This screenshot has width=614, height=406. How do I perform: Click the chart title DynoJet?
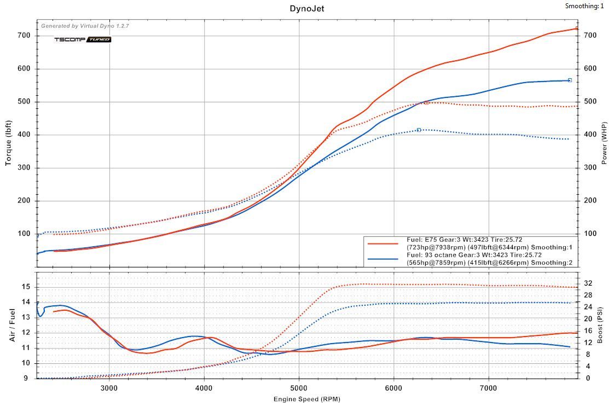click(x=307, y=8)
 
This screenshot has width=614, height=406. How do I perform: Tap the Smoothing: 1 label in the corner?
click(x=585, y=6)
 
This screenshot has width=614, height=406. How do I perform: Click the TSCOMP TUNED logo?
click(x=82, y=39)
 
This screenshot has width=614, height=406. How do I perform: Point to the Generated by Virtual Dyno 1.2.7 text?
click(x=85, y=26)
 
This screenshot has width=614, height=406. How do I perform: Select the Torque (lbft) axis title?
click(x=9, y=144)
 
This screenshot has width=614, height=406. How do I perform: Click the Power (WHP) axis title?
click(x=604, y=144)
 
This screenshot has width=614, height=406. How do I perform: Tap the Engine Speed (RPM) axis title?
click(x=307, y=398)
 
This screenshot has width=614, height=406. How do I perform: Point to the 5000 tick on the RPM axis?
click(x=299, y=388)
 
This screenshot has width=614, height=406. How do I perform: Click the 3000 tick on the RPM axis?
click(x=109, y=388)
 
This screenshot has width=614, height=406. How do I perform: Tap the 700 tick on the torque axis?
click(x=24, y=36)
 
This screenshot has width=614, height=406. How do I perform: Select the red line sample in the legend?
click(x=383, y=243)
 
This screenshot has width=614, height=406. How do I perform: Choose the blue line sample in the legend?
click(x=383, y=259)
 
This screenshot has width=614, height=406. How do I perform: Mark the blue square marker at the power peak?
click(x=570, y=80)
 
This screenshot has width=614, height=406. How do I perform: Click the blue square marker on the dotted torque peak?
click(x=419, y=130)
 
